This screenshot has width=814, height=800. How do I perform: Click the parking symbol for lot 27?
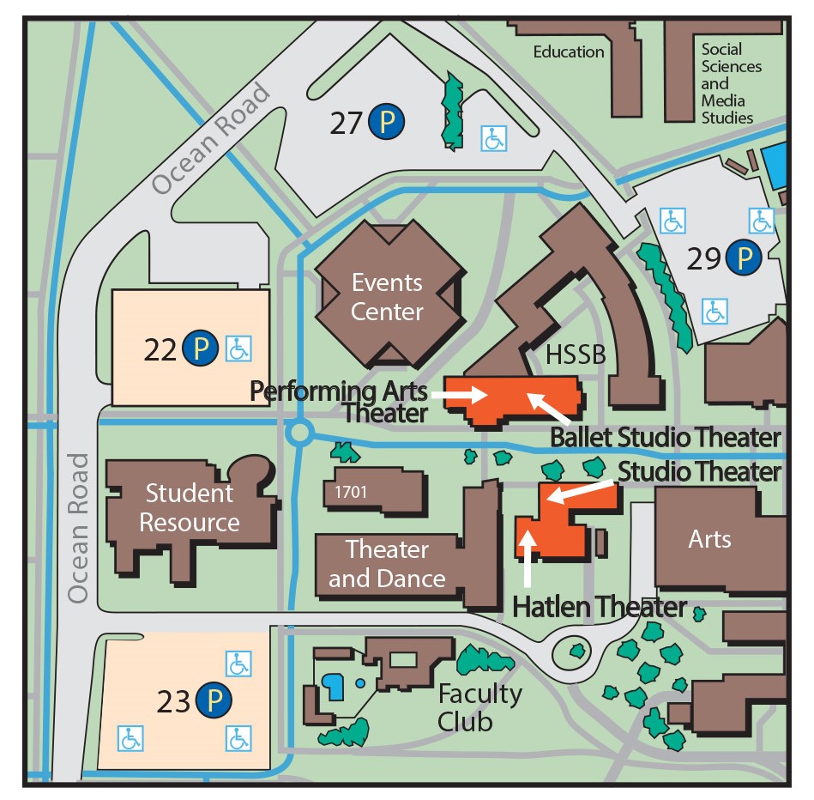(x=386, y=123)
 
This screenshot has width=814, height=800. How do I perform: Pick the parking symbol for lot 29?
(x=744, y=257)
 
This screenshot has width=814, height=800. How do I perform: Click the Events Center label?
(x=387, y=296)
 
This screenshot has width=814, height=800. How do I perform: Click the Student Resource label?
(x=190, y=507)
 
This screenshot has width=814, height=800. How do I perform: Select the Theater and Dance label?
(x=387, y=563)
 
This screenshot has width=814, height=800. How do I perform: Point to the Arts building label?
(x=709, y=539)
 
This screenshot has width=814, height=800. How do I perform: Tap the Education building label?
(x=568, y=52)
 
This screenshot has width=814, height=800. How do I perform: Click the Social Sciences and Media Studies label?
(x=731, y=83)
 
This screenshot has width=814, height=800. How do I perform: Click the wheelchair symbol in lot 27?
(x=493, y=138)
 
